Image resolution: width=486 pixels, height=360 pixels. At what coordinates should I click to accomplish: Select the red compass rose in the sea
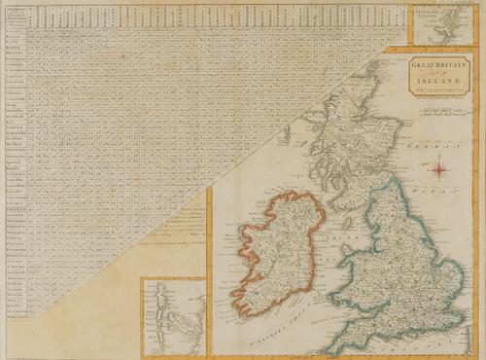tap(439, 171)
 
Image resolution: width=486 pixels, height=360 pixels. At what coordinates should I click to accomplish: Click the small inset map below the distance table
tap(172, 316)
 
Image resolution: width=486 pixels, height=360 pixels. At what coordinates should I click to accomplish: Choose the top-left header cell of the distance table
tap(14, 14)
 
